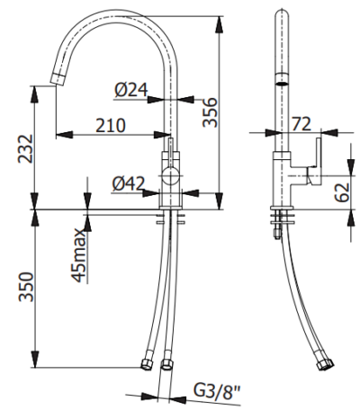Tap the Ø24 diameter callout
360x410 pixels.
click(x=131, y=89)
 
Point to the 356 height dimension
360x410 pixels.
click(x=210, y=113)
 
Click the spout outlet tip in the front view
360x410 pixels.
click(x=57, y=81)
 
